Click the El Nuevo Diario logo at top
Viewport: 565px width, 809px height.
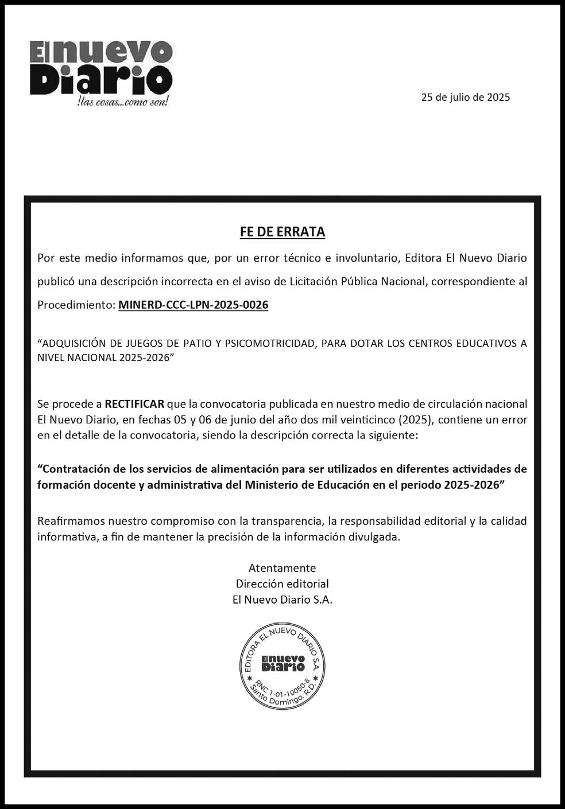(101, 68)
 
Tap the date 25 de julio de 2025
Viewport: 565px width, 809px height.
(465, 98)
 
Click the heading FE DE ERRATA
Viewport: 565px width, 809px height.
(282, 232)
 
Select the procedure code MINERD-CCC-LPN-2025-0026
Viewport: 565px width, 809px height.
(193, 305)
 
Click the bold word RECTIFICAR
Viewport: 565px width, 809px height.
(134, 404)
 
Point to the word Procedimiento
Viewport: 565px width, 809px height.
(75, 305)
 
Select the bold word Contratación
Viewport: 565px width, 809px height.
(76, 469)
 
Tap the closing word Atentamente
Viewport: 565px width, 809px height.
(282, 568)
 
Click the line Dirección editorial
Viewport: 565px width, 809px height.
(282, 584)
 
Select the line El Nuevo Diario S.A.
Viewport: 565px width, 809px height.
(282, 600)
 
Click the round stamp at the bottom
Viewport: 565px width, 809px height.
(282, 663)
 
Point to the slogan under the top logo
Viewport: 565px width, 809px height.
(122, 102)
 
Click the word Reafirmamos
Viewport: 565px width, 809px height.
(71, 522)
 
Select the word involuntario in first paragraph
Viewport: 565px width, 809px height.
(366, 258)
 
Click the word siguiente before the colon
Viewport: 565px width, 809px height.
(392, 435)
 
